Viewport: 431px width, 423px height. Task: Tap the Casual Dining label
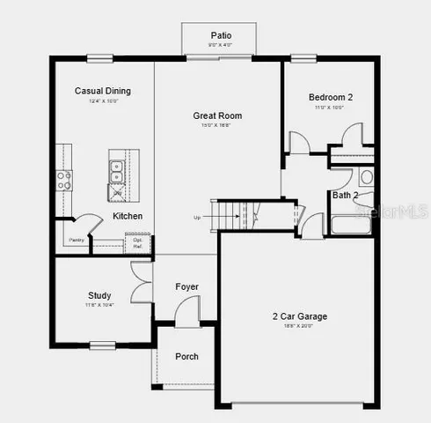tap(102, 91)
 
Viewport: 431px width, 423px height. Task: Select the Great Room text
tap(217, 115)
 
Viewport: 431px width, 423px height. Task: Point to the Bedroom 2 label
tap(331, 97)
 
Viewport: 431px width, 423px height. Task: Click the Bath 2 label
tap(345, 195)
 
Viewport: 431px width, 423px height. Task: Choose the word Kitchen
tap(128, 216)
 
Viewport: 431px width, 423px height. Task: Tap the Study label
tap(99, 295)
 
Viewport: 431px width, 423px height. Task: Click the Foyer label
tap(186, 286)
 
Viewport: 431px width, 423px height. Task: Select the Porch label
tap(186, 356)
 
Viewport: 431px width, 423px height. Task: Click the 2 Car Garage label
tap(301, 315)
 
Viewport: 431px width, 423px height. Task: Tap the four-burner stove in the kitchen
tap(64, 181)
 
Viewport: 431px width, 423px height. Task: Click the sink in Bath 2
tap(367, 176)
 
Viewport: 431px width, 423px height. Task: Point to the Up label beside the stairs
tap(197, 217)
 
